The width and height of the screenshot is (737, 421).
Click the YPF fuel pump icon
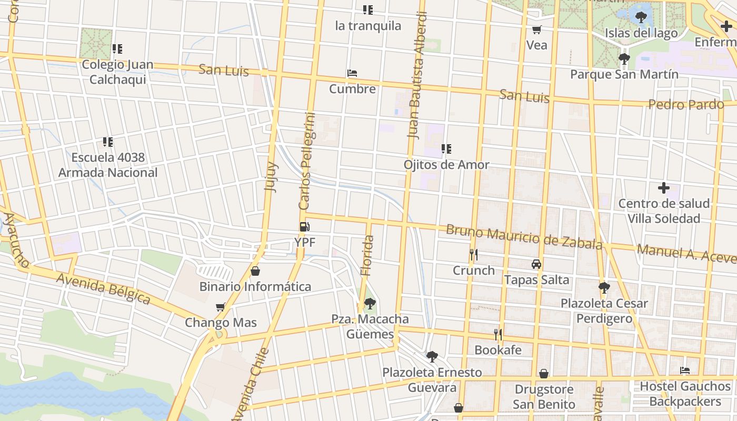coord(304,227)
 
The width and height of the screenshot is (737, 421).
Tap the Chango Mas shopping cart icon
coord(221,307)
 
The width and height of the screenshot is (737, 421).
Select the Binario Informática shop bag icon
coord(255,271)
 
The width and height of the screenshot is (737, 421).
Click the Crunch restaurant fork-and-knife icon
coord(474,255)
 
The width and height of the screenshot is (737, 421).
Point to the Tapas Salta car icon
coord(536,264)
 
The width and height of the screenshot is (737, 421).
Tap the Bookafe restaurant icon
coord(498,334)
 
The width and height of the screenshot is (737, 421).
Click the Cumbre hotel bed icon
coord(352,73)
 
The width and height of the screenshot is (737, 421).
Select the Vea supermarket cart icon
coord(537,30)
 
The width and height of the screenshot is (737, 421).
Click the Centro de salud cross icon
coord(664,187)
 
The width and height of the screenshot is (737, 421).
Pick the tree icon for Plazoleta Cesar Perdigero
coord(604,287)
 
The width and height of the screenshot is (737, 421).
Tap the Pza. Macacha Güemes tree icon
coord(370,303)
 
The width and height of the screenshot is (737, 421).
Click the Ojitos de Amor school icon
coord(446,149)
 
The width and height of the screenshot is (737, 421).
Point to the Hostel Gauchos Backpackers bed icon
coord(684,370)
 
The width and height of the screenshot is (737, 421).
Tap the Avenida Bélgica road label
coord(103,288)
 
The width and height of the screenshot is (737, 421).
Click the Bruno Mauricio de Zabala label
coord(524,237)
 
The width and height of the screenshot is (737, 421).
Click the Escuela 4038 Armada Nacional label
coord(108,165)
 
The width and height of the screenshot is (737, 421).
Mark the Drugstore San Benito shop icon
coord(544,374)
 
